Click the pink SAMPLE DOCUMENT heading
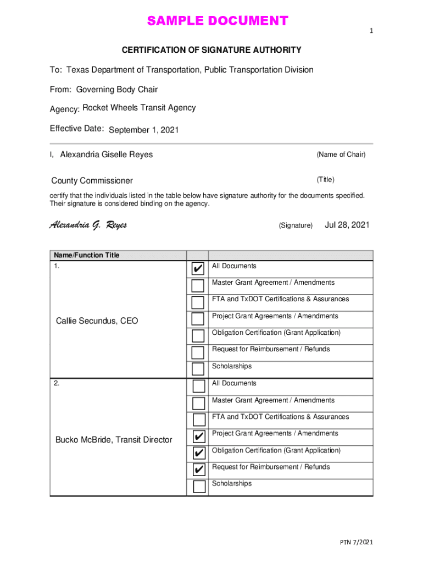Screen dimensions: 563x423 click(x=217, y=21)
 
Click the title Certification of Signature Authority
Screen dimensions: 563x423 click(x=211, y=50)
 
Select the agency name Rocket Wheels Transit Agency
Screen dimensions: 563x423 click(x=139, y=108)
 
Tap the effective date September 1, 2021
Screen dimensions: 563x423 click(x=144, y=130)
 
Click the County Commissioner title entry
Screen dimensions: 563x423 click(x=92, y=181)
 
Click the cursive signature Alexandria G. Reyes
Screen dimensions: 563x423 click(x=88, y=225)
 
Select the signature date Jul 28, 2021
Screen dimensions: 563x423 click(x=347, y=225)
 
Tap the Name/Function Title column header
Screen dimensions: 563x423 click(x=86, y=255)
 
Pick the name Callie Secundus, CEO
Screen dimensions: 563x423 click(x=97, y=321)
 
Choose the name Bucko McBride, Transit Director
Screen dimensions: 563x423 click(x=114, y=439)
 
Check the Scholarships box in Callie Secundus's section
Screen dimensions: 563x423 click(x=198, y=369)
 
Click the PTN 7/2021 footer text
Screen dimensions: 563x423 click(x=356, y=543)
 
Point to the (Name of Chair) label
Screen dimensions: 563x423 click(x=341, y=154)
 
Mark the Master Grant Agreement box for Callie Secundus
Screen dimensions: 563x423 click(x=198, y=285)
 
